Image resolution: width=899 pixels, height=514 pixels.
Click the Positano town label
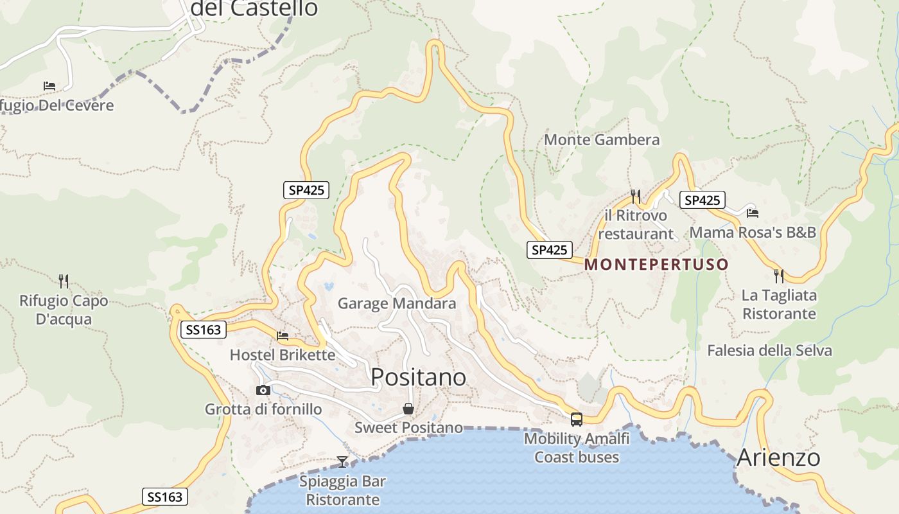pyautogui.click(x=419, y=377)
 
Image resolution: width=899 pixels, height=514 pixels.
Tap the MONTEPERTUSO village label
pyautogui.click(x=657, y=264)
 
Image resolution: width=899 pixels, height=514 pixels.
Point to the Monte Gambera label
pyautogui.click(x=602, y=139)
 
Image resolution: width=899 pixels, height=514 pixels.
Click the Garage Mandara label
pyautogui.click(x=397, y=303)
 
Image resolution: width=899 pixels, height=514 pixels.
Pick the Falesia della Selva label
pyautogui.click(x=769, y=350)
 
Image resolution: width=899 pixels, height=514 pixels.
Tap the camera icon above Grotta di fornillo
pyautogui.click(x=263, y=390)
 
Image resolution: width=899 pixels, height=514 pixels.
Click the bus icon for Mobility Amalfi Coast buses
pyautogui.click(x=577, y=420)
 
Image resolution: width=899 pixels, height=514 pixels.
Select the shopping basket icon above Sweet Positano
pyautogui.click(x=408, y=409)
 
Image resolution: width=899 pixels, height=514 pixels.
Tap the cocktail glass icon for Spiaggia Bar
pyautogui.click(x=342, y=462)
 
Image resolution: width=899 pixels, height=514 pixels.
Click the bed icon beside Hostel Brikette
pyautogui.click(x=283, y=335)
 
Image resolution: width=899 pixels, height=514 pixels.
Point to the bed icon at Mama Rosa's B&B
pyautogui.click(x=753, y=213)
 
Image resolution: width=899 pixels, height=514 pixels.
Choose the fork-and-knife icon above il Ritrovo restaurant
pyautogui.click(x=636, y=196)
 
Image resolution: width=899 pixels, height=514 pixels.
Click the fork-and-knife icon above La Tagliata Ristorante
pyautogui.click(x=779, y=276)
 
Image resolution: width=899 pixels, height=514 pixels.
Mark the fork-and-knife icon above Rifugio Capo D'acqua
pyautogui.click(x=63, y=281)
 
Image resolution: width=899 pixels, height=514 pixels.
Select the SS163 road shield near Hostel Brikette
pyautogui.click(x=204, y=330)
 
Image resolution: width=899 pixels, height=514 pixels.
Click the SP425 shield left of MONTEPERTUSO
pyautogui.click(x=550, y=250)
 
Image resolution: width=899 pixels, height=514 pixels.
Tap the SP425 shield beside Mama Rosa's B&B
pyautogui.click(x=703, y=200)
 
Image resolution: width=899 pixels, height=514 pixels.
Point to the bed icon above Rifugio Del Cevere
pyautogui.click(x=49, y=85)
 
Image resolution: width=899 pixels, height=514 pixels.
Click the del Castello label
pyautogui.click(x=255, y=8)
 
